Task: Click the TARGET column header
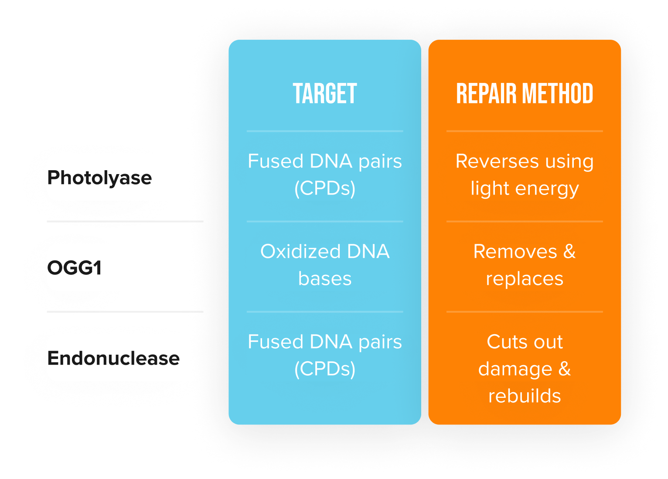(325, 93)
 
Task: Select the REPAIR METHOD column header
(525, 93)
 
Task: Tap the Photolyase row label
(99, 178)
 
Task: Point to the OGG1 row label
(74, 267)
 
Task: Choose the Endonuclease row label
(113, 358)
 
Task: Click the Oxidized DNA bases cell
(325, 265)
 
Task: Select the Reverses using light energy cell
(525, 175)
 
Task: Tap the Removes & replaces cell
(525, 265)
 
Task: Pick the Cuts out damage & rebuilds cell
(525, 369)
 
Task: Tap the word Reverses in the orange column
(497, 161)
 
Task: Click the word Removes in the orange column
(515, 252)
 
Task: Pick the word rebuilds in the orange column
(525, 396)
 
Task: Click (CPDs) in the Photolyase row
(325, 188)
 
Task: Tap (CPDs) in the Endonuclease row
(325, 369)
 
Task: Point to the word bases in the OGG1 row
(325, 279)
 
